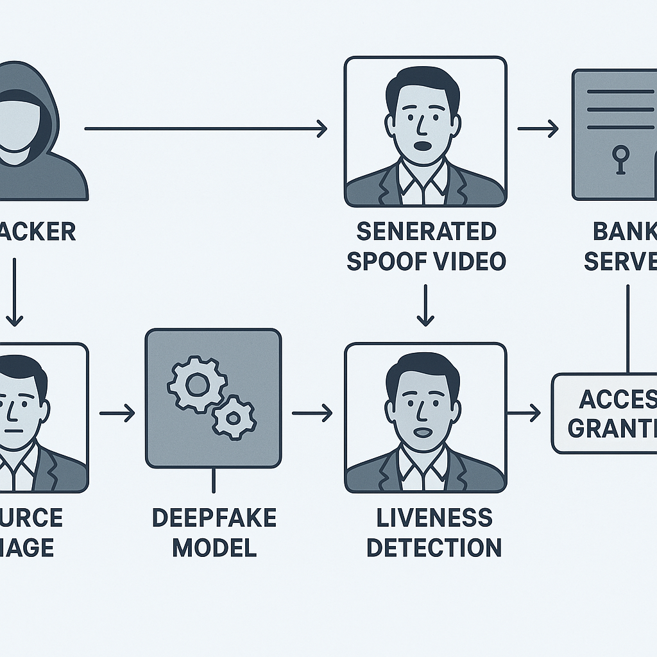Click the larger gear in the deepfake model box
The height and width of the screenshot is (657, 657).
[196, 385]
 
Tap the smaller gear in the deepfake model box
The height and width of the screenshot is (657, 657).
[234, 418]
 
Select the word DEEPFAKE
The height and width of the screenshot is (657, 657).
[214, 518]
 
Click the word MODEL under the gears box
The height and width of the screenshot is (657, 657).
[214, 547]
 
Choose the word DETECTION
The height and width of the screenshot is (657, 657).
[434, 547]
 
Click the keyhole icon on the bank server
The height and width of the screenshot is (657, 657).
[620, 158]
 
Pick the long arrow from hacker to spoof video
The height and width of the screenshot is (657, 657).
[205, 129]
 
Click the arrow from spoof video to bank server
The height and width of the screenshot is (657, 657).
[538, 129]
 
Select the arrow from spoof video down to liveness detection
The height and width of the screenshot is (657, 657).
[425, 306]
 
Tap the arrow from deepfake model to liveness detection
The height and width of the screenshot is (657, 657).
[312, 413]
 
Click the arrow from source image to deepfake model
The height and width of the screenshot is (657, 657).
[117, 413]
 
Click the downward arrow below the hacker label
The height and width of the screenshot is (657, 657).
[14, 292]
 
